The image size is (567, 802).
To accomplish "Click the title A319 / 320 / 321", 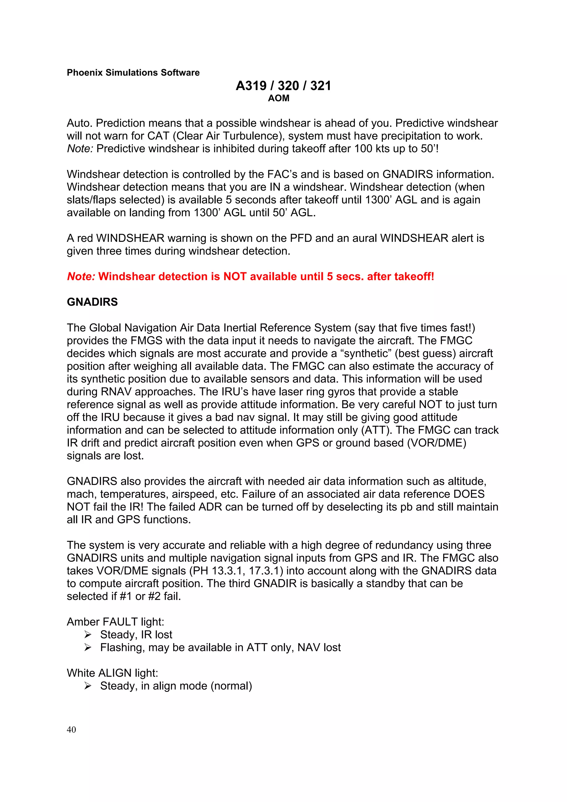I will (283, 86).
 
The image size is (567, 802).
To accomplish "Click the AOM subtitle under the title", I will (279, 99).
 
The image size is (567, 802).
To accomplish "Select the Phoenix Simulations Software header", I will (133, 73).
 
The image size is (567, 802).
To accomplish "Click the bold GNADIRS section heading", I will (92, 302).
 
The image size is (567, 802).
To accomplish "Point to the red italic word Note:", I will (81, 276).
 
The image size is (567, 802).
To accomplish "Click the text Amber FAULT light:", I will (115, 622).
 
